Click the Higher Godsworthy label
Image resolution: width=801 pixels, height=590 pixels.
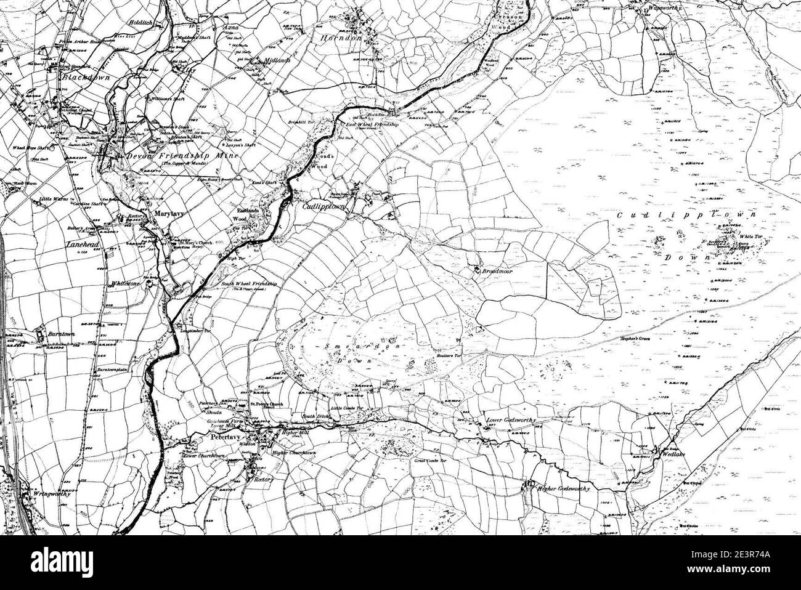563,489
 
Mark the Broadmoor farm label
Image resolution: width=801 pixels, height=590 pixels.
499,271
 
